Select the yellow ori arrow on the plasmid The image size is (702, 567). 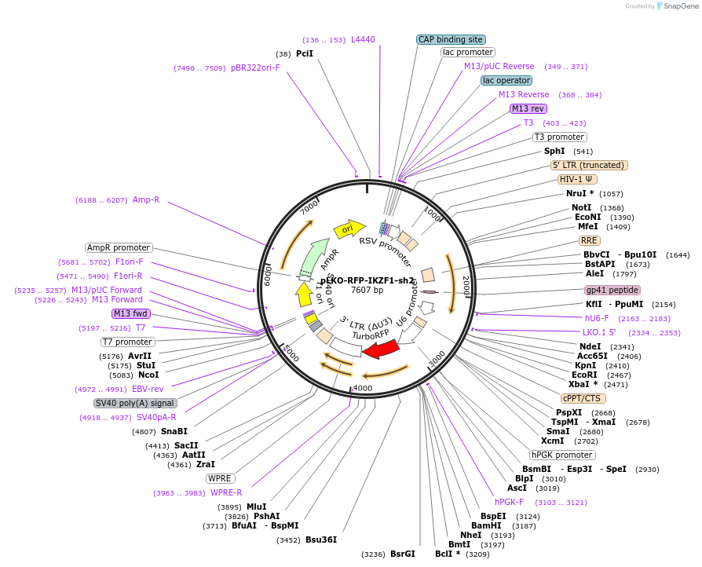click(x=348, y=229)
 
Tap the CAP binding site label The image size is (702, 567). click(x=451, y=39)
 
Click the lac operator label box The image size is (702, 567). click(x=506, y=80)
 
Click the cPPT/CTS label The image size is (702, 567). click(x=583, y=398)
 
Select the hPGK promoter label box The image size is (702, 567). click(x=562, y=455)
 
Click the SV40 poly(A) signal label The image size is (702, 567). click(x=135, y=403)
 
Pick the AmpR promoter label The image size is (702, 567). click(x=119, y=247)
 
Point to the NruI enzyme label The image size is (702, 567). click(x=581, y=193)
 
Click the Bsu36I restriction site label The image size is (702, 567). click(x=321, y=540)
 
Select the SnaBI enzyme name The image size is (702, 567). click(x=174, y=431)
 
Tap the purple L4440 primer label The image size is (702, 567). click(x=363, y=39)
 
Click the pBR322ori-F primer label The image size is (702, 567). click(x=255, y=68)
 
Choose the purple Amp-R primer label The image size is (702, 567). click(x=146, y=199)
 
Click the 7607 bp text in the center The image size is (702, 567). click(x=367, y=291)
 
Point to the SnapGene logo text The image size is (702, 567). click(x=679, y=6)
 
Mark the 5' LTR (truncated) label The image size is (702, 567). click(x=589, y=165)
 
